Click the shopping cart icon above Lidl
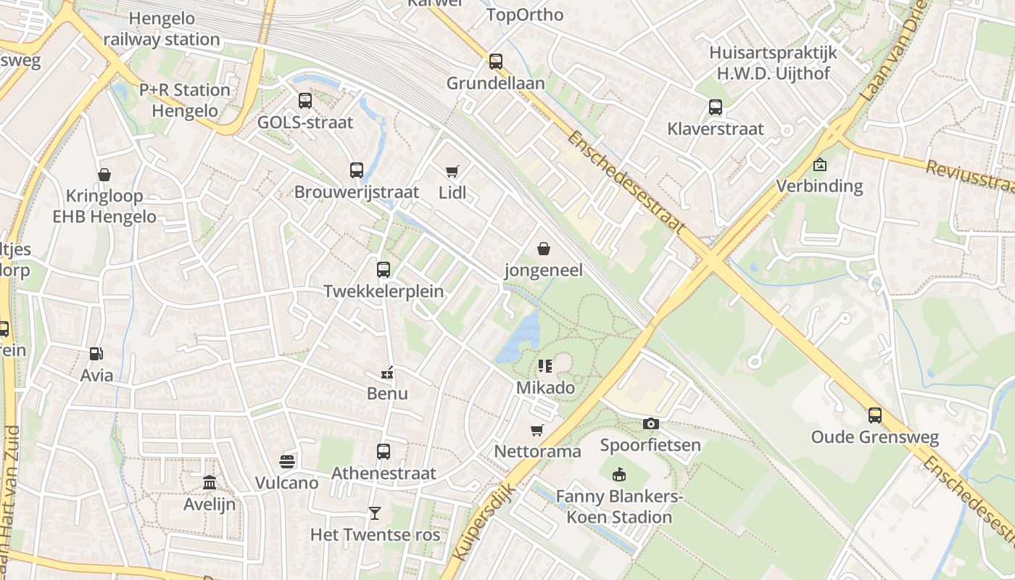[452, 172]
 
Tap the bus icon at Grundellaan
[496, 62]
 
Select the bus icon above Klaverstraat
[716, 107]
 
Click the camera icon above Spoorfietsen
[650, 423]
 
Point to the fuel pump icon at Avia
[96, 354]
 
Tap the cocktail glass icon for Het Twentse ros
[375, 513]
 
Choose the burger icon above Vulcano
[286, 462]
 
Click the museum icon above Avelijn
[210, 482]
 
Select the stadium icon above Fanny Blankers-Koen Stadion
[619, 476]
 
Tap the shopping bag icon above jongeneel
[544, 249]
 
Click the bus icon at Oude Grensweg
[875, 415]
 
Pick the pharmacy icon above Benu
[387, 373]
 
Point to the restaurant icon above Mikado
[545, 366]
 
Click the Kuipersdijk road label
[482, 522]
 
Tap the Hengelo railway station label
[162, 29]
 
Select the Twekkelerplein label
[384, 291]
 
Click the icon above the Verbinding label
[819, 165]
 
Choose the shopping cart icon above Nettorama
[537, 431]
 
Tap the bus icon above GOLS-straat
[305, 101]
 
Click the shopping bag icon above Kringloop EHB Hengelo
[104, 175]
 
